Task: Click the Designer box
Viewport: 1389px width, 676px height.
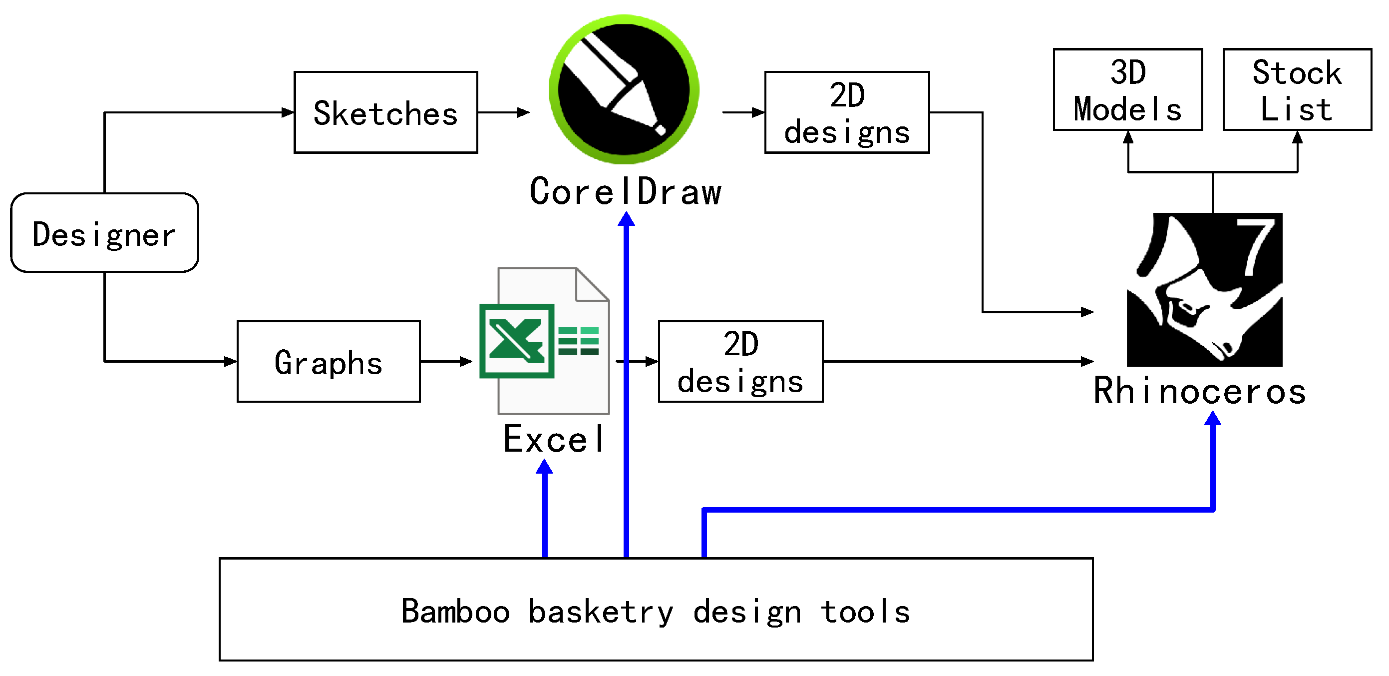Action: pos(105,232)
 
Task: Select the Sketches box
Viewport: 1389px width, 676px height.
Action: pos(385,112)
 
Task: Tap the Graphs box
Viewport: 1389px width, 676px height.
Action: pos(329,361)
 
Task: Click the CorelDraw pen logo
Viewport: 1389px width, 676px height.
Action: pos(624,89)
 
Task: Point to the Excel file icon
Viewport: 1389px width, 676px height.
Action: pos(545,341)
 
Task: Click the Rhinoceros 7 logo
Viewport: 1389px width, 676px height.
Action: pos(1205,290)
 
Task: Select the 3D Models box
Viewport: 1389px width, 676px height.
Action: pos(1128,89)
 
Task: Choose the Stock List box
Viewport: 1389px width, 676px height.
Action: pos(1297,89)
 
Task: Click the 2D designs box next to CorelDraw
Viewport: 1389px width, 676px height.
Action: pos(847,112)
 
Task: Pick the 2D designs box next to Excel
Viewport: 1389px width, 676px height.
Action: pos(741,361)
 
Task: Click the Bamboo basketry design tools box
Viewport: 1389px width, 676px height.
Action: pos(656,609)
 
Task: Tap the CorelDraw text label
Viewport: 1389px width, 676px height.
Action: pos(626,191)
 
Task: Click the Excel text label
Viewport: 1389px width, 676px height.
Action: pos(553,439)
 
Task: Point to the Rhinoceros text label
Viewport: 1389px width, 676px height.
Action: pos(1200,390)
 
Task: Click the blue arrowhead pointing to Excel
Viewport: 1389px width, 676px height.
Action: pos(545,466)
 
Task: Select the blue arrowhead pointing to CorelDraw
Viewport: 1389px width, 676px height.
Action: pos(626,218)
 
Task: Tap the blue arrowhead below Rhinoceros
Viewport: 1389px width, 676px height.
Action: pos(1213,418)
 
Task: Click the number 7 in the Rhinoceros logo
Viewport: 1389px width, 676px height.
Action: pos(1256,246)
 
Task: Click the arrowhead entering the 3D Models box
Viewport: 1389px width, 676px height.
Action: pos(1128,137)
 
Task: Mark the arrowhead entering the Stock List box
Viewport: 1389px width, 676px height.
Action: pos(1298,137)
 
